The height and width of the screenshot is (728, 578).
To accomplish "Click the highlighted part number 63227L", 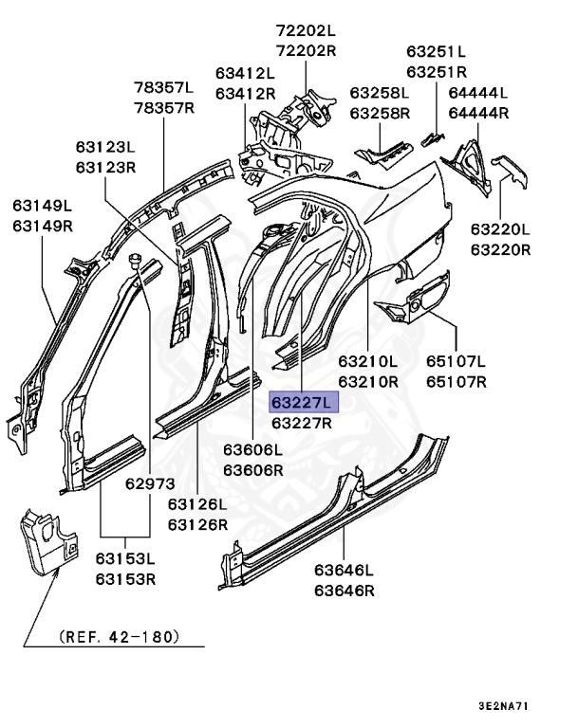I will tap(302, 403).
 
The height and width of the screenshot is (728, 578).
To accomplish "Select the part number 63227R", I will tap(302, 423).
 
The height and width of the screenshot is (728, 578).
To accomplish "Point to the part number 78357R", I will tap(163, 107).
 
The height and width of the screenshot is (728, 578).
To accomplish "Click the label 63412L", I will tap(245, 73).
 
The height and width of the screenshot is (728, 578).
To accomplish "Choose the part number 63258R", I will tap(379, 113).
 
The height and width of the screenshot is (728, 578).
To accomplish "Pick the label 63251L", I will tap(437, 51).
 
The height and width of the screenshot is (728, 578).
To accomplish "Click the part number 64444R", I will tap(478, 113).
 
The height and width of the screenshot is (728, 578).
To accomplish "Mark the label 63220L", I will tap(501, 230).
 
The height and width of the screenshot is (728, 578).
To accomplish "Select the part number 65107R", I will tap(456, 382).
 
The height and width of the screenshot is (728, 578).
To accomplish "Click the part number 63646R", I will tap(345, 590).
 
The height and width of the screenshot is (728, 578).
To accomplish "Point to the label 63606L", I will tap(252, 450).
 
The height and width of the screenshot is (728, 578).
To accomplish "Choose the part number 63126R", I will tap(197, 523).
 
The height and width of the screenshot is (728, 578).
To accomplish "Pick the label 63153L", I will tap(125, 560).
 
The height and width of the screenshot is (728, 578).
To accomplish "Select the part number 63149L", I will tap(43, 205).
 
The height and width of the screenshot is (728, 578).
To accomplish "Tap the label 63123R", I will tap(106, 166).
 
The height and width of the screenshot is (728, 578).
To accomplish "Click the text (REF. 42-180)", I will tap(118, 635).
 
